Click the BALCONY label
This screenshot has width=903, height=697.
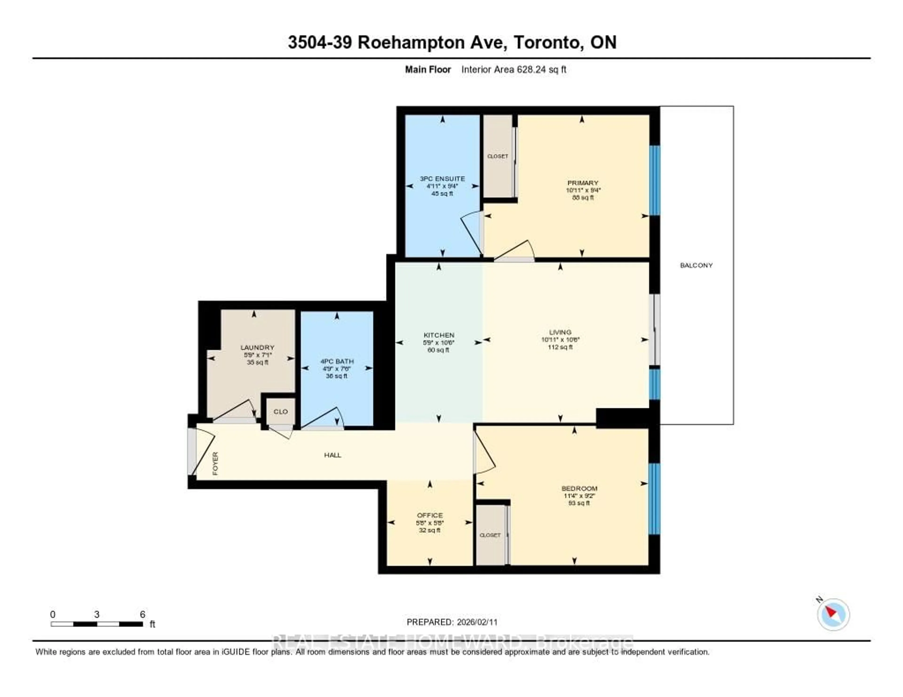tap(696, 265)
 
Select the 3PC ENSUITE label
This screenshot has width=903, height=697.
tap(442, 179)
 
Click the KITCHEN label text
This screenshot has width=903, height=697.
tap(439, 335)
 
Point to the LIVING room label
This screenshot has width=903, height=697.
tap(560, 332)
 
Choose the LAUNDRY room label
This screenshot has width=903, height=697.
tap(257, 348)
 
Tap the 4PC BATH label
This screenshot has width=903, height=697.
tap(337, 361)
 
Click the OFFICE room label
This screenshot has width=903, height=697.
tap(430, 515)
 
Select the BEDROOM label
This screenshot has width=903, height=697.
tap(579, 488)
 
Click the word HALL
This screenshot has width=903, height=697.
tap(333, 455)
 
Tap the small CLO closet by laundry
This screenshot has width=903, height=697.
tap(280, 411)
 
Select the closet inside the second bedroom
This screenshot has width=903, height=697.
tap(490, 535)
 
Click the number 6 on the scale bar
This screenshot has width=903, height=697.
tap(142, 614)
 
